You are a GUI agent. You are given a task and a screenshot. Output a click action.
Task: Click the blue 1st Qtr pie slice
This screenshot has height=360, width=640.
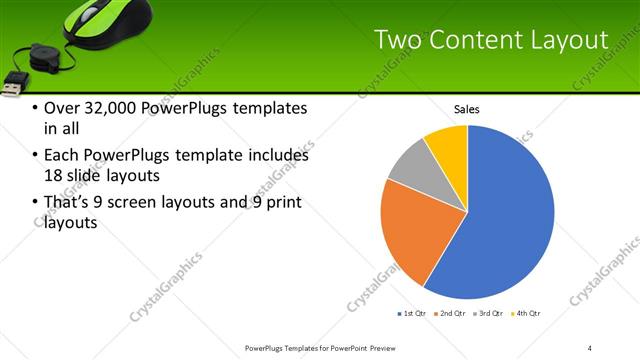pyautogui.click(x=500, y=220)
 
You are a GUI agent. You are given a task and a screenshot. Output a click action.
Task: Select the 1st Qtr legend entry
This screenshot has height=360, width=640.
pyautogui.click(x=412, y=314)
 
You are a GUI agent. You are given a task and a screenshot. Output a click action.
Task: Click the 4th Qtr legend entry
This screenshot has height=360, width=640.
pyautogui.click(x=527, y=314)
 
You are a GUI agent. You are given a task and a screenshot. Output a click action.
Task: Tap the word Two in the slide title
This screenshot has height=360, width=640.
pyautogui.click(x=397, y=40)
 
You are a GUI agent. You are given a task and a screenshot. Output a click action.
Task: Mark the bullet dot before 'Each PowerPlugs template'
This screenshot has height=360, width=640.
pyautogui.click(x=36, y=156)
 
